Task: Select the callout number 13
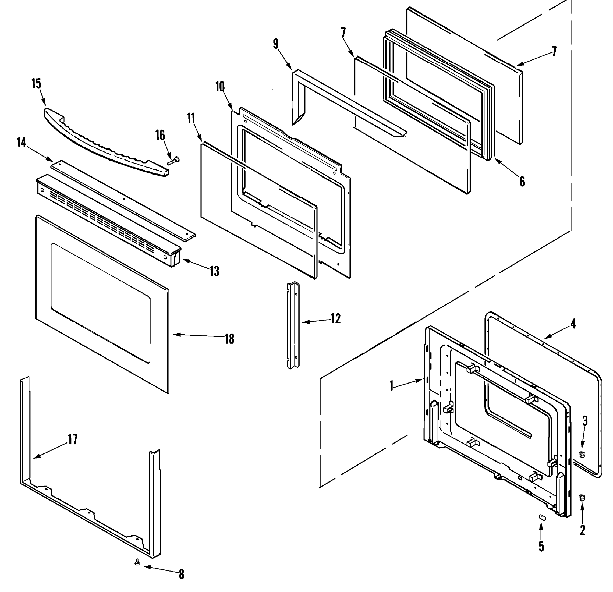tap(214, 271)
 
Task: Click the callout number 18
tap(229, 339)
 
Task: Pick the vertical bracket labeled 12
tap(293, 325)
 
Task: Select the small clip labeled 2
tap(582, 498)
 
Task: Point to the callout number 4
tap(573, 324)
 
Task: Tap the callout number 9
tap(276, 44)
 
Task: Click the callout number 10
tap(220, 86)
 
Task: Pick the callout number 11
tap(191, 118)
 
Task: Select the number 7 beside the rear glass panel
tap(554, 51)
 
